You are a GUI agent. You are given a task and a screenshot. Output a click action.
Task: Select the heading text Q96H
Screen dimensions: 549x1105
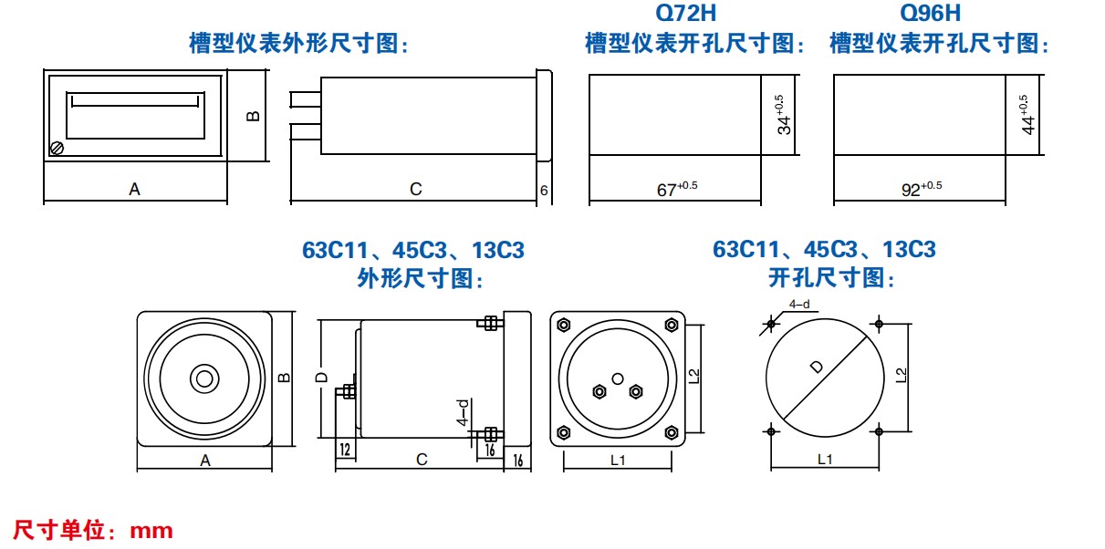pyautogui.click(x=930, y=14)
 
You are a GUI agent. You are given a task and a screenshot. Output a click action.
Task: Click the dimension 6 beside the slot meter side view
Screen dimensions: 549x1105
pyautogui.click(x=544, y=190)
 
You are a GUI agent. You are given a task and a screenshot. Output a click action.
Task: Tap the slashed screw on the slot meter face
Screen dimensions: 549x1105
pyautogui.click(x=57, y=146)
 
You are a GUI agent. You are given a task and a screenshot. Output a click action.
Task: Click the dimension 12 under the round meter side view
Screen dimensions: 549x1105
pyautogui.click(x=345, y=449)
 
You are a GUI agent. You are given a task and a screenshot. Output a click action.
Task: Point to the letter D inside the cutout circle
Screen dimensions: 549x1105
pyautogui.click(x=816, y=368)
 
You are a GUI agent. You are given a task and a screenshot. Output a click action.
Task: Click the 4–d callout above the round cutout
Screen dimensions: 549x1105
pyautogui.click(x=799, y=305)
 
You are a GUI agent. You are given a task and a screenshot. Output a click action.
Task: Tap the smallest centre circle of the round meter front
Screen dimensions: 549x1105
pyautogui.click(x=203, y=378)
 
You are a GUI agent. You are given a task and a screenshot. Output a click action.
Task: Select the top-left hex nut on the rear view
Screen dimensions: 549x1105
pyautogui.click(x=563, y=324)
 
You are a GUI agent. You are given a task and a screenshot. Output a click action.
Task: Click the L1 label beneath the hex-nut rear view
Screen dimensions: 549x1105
pyautogui.click(x=618, y=461)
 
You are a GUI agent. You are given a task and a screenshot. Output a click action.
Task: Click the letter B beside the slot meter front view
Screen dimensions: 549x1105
pyautogui.click(x=253, y=116)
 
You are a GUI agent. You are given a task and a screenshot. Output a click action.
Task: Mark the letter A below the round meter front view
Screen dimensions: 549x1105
pyautogui.click(x=205, y=461)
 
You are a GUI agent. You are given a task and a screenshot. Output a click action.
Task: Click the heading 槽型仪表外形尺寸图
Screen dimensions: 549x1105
pyautogui.click(x=297, y=43)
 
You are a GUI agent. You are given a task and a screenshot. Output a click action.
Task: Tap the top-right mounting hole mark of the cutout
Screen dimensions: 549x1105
pyautogui.click(x=879, y=323)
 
